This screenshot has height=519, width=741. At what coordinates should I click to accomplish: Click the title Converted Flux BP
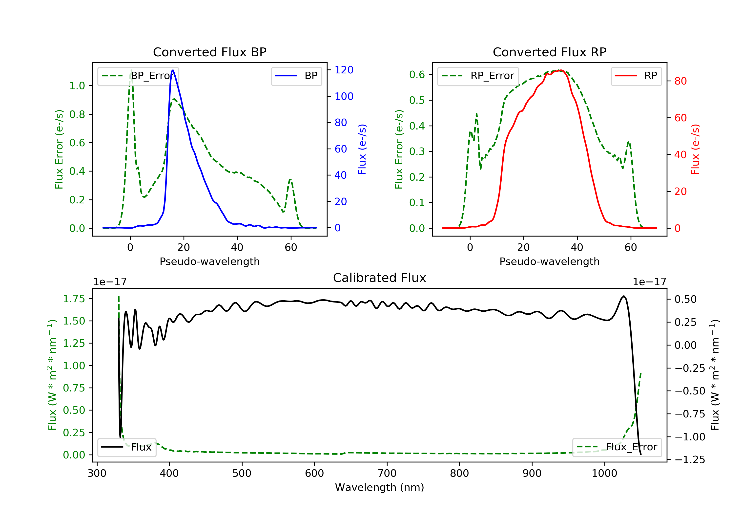coord(210,52)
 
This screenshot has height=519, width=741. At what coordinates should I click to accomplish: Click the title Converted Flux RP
coord(550,52)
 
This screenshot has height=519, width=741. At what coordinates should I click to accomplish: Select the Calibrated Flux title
coord(380,278)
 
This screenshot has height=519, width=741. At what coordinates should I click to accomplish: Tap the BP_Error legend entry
coord(138,76)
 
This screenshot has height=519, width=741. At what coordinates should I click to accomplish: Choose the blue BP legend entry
coord(296,76)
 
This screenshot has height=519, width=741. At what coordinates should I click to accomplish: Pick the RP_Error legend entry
coord(478,76)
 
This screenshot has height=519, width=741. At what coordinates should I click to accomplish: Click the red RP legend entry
coord(636,76)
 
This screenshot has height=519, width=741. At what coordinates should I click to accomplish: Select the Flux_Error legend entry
coord(617,447)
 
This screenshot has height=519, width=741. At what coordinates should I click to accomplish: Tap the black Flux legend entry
coord(126,447)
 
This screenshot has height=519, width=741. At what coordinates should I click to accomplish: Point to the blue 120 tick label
coord(344,70)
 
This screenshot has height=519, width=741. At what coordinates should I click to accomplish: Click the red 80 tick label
coord(681,81)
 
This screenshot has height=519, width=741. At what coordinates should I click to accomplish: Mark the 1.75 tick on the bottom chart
coord(74,299)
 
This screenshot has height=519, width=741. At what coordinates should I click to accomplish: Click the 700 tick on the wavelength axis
coord(387,474)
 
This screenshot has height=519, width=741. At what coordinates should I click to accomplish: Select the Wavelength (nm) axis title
coord(380,487)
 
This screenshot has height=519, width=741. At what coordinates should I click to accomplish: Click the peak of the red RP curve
coord(561,70)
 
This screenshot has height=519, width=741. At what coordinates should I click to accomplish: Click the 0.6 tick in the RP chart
coord(417,75)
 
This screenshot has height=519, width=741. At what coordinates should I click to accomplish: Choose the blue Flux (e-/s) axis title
coord(362,149)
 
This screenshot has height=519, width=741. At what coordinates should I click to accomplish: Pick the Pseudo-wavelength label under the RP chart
coord(550,261)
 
